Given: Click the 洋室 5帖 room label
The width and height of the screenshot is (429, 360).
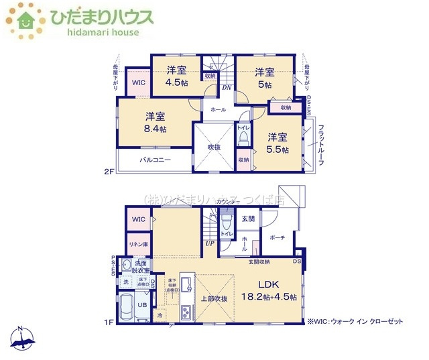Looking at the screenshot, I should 265,78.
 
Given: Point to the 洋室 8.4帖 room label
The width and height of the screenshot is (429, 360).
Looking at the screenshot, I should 154,121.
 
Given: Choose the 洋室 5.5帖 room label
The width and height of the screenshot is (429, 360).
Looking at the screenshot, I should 276,143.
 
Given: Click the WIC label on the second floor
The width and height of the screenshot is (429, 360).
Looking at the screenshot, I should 138,82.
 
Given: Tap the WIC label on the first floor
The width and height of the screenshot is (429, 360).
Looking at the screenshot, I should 139,219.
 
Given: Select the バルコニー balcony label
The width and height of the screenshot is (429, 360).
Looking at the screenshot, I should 156,160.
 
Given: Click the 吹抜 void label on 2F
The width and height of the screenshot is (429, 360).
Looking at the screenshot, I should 214,147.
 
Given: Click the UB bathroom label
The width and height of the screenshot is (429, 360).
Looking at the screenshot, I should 142,304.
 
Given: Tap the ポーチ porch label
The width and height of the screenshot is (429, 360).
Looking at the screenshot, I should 278,238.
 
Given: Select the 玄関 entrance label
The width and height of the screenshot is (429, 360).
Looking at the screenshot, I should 248,219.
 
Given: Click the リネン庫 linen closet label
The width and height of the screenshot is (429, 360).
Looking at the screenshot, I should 139,244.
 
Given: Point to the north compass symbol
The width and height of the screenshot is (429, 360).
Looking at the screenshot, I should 21,339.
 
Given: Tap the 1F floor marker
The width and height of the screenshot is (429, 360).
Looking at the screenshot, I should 108,323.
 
